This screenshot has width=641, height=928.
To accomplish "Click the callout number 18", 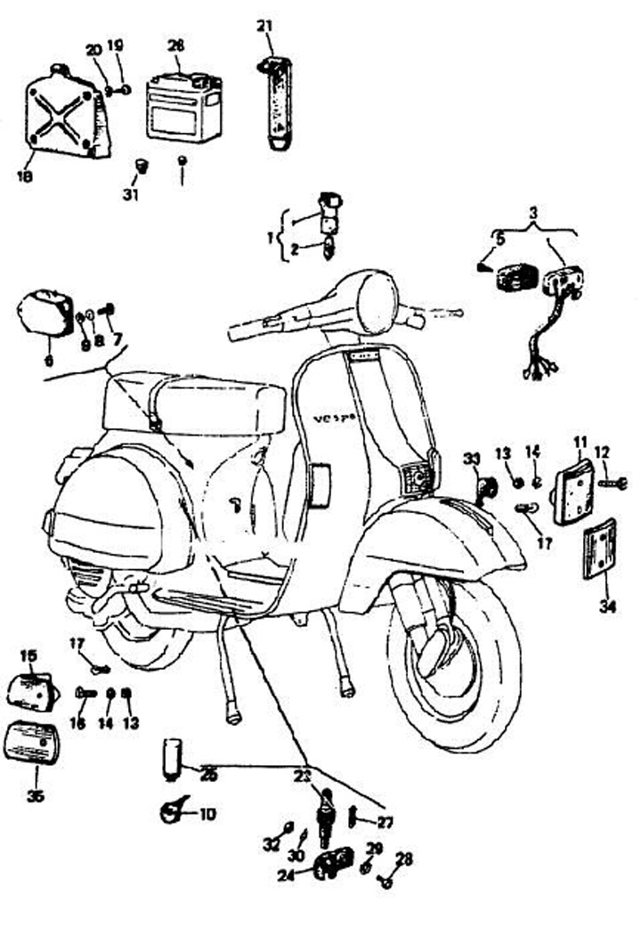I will tap(24, 175).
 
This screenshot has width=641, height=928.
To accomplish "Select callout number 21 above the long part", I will tap(264, 26).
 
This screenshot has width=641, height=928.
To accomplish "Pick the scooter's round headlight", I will tap(375, 302).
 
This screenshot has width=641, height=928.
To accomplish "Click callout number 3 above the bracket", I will tap(533, 214).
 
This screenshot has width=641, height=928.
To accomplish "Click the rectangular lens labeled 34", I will tap(599, 550).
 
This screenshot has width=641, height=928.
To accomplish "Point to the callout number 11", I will tap(580, 442).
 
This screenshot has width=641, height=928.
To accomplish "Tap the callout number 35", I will tap(36, 795).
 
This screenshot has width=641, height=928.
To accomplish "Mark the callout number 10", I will tap(207, 813).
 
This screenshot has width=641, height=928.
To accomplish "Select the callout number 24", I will tap(286, 875).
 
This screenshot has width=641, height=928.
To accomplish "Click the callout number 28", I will tap(405, 859).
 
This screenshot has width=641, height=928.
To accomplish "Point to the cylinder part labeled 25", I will tap(173, 758).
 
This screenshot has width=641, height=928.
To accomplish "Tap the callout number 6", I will tap(48, 359).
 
